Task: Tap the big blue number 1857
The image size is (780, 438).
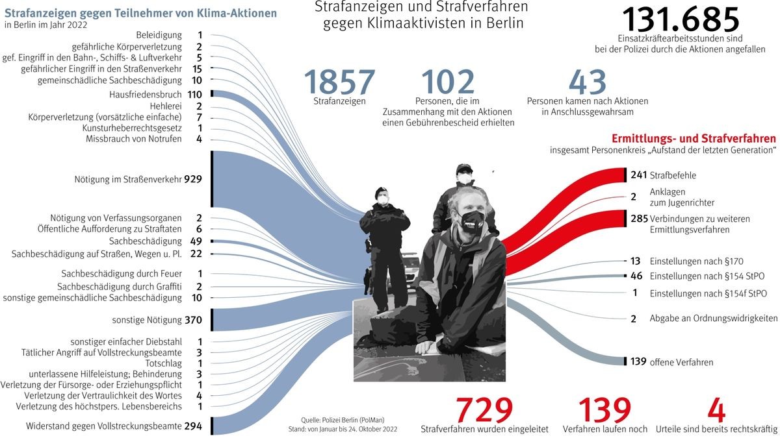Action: pos(339,82)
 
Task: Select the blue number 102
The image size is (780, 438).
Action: pos(448,82)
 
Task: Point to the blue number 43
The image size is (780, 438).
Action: pos(587,82)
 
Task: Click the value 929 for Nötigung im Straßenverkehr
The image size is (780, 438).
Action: pos(194,178)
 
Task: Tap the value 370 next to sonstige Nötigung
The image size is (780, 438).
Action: pos(193,320)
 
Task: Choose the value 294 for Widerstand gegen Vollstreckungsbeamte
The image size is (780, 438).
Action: pos(193,426)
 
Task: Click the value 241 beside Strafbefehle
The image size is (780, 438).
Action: pos(638,175)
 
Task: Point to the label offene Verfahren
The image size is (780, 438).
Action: pos(681,362)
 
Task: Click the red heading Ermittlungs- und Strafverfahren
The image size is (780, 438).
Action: pos(694,138)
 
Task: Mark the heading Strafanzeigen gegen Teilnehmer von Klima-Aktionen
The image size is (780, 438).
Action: pos(140,12)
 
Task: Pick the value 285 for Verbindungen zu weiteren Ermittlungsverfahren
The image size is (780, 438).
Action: pos(638,218)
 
